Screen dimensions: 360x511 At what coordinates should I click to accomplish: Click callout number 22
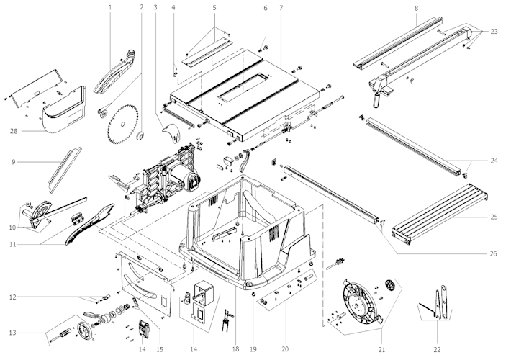coord(436,329)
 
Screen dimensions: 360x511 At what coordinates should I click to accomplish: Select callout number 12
coord(12,297)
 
